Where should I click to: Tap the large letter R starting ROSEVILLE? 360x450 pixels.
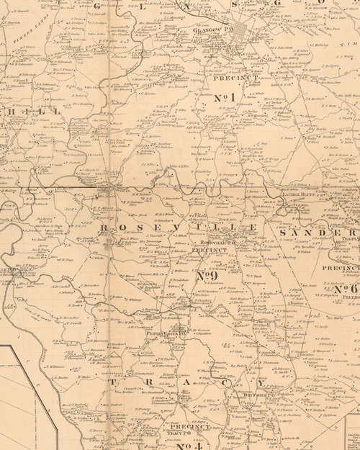105,228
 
